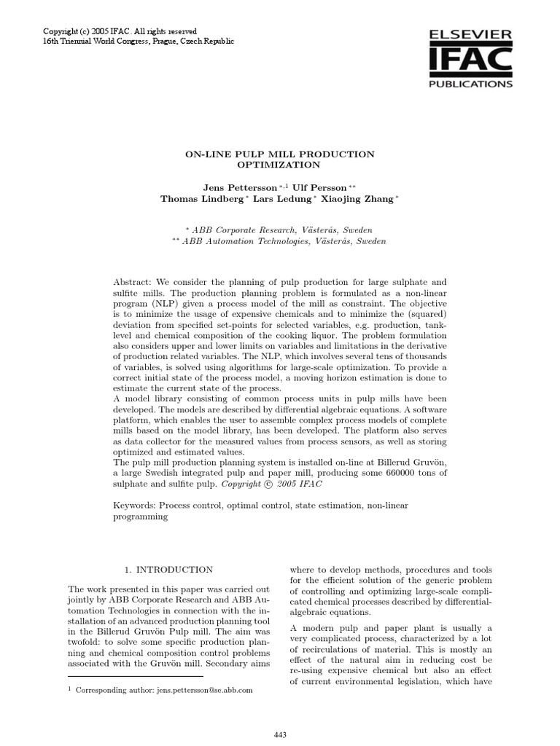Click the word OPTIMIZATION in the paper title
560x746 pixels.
tap(279, 165)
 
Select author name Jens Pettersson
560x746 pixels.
tap(219, 186)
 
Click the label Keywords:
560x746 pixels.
tap(135, 505)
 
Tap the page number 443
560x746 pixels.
tap(279, 736)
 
